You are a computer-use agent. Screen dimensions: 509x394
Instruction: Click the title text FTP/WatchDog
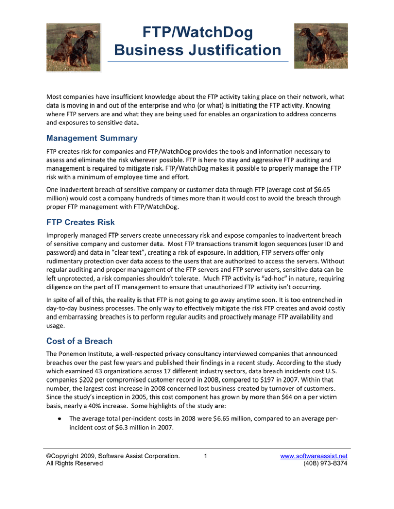[198, 33]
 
